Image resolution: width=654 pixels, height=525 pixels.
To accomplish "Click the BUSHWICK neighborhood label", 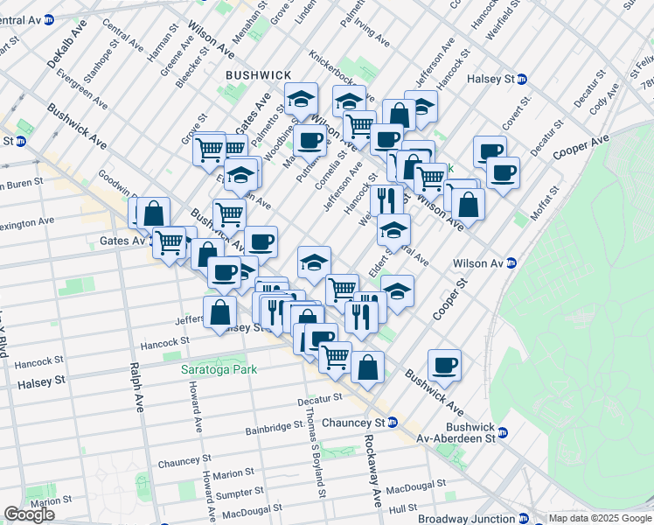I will point(258,75).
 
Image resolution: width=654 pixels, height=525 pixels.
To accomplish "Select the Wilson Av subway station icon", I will point(511,262).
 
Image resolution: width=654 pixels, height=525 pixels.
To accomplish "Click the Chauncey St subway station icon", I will point(393,423).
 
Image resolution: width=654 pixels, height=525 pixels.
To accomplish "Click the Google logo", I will point(29,514).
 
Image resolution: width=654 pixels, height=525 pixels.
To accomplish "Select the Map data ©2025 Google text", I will point(599,518).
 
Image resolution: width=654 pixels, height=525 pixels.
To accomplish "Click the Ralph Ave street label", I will point(136,388).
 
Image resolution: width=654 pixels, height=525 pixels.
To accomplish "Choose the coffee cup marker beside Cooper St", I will point(444,365).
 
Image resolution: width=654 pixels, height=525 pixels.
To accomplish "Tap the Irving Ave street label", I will point(372,35).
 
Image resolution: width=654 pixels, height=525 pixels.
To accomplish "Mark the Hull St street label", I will point(403,507).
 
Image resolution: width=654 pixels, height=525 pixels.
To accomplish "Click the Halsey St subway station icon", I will point(523,79).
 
